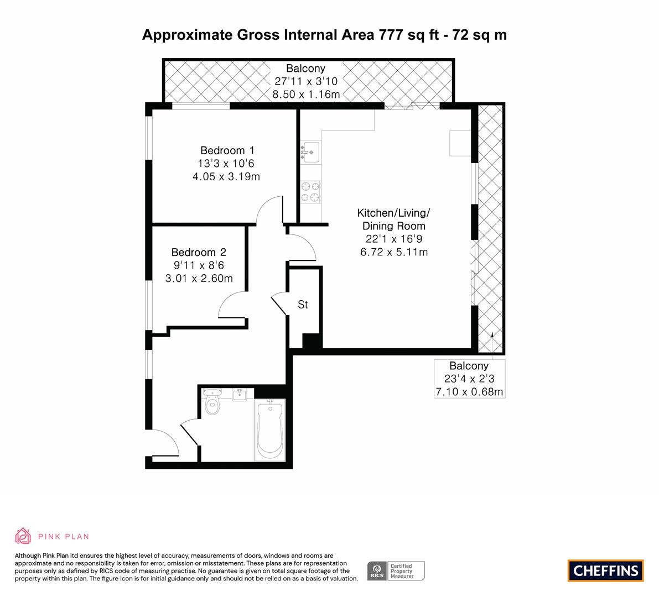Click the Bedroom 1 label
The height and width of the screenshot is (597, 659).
tap(227, 150)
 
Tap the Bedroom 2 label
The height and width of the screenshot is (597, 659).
tap(199, 252)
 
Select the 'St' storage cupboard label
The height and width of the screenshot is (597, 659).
tap(303, 305)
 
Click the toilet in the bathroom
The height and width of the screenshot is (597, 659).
tap(212, 402)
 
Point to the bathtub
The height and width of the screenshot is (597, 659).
tap(270, 429)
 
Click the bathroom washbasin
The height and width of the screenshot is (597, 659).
tap(240, 394)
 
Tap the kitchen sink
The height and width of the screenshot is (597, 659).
tap(310, 153)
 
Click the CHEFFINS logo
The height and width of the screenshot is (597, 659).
tap(606, 570)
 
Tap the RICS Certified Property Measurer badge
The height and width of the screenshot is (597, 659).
tap(396, 571)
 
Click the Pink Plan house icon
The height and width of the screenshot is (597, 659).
tap(23, 536)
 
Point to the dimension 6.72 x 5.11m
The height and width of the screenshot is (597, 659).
tap(394, 252)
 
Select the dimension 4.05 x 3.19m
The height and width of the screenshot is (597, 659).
tap(226, 176)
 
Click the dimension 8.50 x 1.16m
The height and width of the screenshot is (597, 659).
tap(306, 95)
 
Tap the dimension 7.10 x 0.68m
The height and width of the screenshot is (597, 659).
tap(469, 392)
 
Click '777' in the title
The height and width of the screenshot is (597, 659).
tap(392, 34)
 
